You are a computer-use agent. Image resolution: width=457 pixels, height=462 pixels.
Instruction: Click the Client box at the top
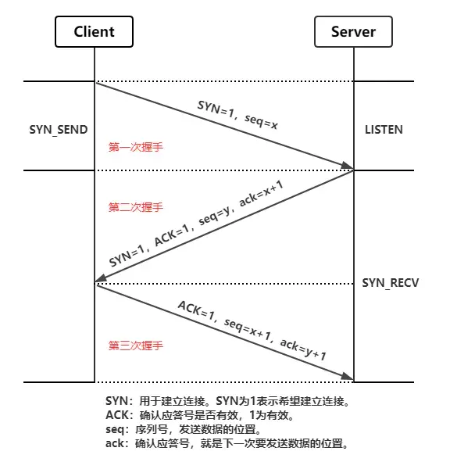[x=94, y=32]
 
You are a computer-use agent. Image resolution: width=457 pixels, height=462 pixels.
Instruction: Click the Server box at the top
[x=353, y=32]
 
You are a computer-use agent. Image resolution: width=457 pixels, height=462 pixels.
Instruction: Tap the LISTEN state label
[x=384, y=128]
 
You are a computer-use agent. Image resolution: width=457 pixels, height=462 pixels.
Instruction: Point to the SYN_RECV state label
[x=391, y=282]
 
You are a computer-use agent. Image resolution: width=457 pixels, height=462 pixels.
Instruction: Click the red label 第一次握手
[x=135, y=146]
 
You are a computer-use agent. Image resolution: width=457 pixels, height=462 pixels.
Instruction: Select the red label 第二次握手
[x=135, y=208]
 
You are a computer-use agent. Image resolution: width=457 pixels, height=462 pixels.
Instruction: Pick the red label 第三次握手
[x=135, y=344]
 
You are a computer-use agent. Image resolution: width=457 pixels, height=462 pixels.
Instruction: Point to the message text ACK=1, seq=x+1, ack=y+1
[x=252, y=328]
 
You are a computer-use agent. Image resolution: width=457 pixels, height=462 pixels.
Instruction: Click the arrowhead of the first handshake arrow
[x=348, y=167]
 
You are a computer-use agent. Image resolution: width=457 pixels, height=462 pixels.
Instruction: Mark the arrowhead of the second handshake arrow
[x=100, y=280]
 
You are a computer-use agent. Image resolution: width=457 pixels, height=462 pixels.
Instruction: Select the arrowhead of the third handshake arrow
[x=348, y=379]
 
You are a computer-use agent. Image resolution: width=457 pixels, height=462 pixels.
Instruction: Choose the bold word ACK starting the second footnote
[x=116, y=415]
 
